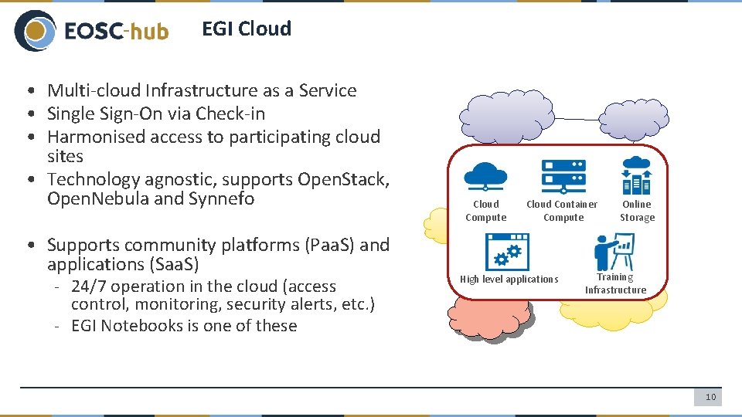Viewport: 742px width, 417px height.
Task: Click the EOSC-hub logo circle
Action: pos(36,31)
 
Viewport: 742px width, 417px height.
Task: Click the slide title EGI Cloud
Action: pos(247,29)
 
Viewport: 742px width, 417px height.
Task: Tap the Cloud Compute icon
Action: pos(485,176)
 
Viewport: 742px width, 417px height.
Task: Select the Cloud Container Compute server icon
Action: pos(563,176)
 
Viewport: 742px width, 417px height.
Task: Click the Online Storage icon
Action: pos(636,175)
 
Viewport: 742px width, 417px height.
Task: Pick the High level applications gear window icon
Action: pos(507,251)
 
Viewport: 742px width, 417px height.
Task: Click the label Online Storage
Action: pos(637,211)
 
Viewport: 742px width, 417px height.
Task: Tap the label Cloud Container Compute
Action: pos(562,211)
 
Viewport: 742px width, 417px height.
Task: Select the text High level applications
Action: pos(509,279)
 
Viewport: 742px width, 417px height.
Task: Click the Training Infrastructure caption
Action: pos(615,283)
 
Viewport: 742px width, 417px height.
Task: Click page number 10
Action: pos(710,397)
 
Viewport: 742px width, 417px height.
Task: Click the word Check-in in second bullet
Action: pos(230,114)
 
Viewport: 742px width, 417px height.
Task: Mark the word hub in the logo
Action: pos(148,32)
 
